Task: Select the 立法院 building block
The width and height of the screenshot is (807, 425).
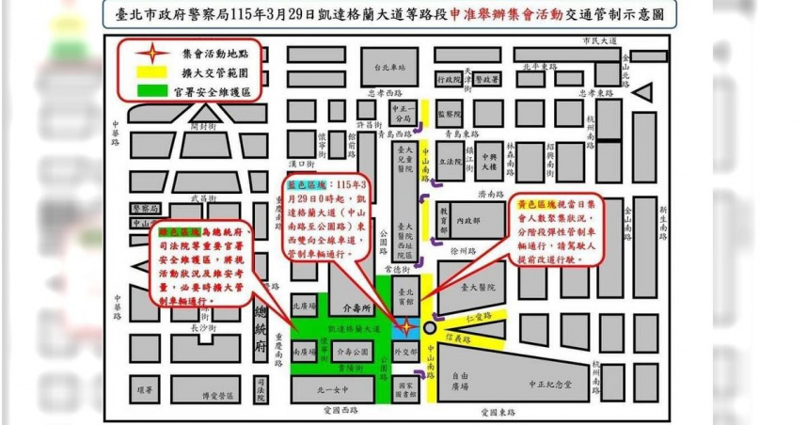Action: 451,162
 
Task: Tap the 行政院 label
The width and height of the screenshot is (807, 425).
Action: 452,80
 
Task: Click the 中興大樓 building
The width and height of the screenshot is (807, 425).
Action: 490,162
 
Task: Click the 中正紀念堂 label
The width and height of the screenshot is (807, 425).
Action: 548,384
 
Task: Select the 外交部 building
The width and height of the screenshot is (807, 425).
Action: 404,354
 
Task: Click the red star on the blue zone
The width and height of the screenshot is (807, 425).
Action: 405,327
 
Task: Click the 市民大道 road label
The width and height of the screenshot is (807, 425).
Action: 598,40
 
